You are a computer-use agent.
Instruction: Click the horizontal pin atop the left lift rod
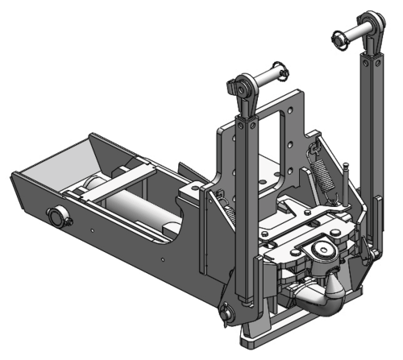pyautogui.click(x=267, y=80)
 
